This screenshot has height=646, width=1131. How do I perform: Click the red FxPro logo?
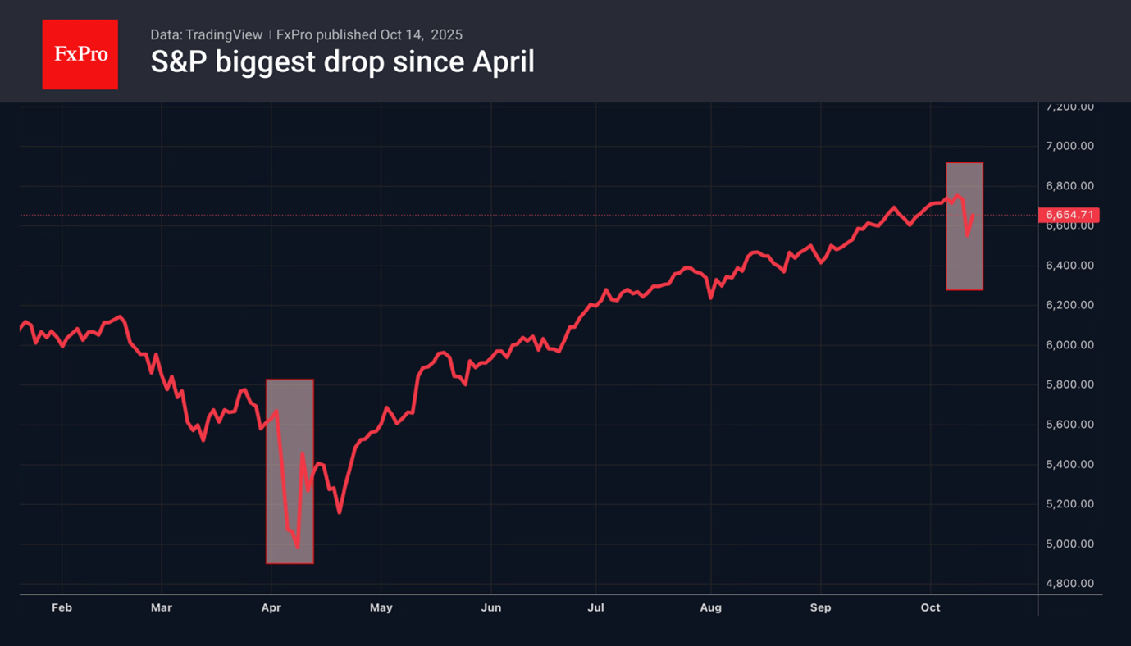(x=80, y=54)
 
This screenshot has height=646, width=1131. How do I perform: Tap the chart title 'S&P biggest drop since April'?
(x=342, y=62)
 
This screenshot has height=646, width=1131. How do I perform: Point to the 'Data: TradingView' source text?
(x=206, y=34)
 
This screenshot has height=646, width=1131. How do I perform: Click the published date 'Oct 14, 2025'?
(x=421, y=34)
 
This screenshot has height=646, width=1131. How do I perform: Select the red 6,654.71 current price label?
(x=1069, y=215)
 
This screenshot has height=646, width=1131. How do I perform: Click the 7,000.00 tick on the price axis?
(x=1070, y=146)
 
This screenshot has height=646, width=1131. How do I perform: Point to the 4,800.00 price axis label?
(x=1070, y=584)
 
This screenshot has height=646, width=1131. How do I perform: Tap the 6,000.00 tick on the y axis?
(x=1070, y=345)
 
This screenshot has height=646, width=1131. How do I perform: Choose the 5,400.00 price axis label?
(x=1070, y=464)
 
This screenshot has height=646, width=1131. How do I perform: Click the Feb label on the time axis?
(x=62, y=607)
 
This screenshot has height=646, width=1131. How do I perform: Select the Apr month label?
(x=271, y=607)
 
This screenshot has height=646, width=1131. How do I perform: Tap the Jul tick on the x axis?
(x=595, y=607)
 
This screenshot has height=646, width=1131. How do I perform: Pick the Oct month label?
(x=930, y=607)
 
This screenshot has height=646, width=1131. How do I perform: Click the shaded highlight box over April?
(x=290, y=471)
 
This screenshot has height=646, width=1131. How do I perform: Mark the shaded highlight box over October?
(x=965, y=225)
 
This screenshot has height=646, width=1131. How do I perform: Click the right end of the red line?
(x=974, y=216)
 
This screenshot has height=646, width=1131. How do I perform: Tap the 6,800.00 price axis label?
(x=1070, y=186)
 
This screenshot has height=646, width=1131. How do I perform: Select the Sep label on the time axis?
(x=820, y=607)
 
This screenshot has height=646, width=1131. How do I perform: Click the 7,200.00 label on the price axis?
(x=1070, y=107)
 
